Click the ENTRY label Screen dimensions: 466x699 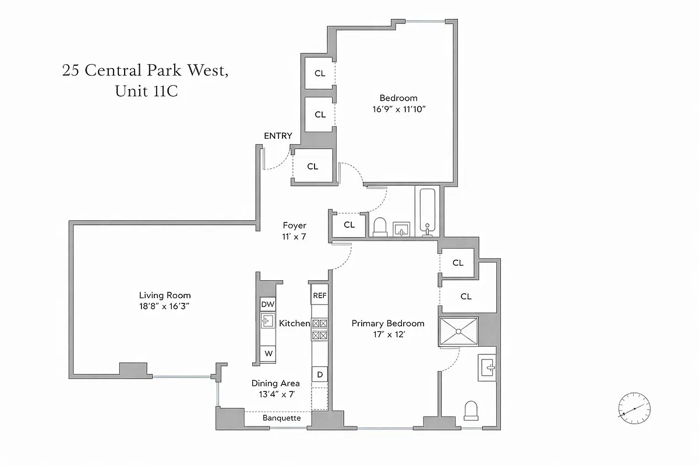(278, 136)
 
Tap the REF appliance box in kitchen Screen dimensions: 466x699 (319, 295)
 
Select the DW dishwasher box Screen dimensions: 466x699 (267, 304)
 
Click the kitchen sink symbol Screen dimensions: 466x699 (267, 321)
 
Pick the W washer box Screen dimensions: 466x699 (268, 353)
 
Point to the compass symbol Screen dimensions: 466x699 (634, 408)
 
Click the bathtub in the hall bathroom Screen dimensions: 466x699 (428, 211)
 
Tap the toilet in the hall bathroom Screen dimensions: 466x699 (380, 227)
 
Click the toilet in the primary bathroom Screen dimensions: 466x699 (471, 410)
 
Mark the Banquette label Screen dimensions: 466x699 (281, 418)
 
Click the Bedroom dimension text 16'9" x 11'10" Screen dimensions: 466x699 (398, 109)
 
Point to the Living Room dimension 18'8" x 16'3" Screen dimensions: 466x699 (165, 306)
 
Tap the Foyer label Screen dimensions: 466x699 (294, 225)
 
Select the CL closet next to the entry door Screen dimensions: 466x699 (313, 167)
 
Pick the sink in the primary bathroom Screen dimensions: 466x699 (488, 368)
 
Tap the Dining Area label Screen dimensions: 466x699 (276, 383)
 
